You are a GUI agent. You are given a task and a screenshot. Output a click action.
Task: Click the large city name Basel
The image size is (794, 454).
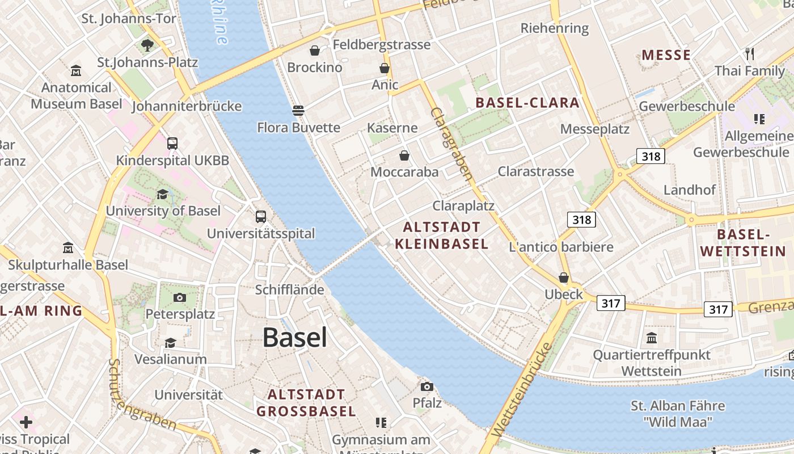294,338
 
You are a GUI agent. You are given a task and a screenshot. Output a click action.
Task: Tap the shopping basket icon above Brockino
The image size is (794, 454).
315,51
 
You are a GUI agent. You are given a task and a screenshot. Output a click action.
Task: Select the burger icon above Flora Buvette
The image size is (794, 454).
298,110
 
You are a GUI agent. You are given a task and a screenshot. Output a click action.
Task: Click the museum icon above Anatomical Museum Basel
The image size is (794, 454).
76,71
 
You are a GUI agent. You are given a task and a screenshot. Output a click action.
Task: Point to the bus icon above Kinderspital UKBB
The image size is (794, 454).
172,144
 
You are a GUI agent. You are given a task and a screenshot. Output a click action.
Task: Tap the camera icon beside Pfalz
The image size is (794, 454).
427,386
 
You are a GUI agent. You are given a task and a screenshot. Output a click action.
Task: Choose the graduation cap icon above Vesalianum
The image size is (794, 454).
170,343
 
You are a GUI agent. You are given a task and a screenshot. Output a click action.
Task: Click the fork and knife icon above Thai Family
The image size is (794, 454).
750,54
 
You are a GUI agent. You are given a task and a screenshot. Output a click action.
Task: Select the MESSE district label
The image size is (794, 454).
666,55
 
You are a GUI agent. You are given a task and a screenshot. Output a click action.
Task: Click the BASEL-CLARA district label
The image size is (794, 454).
527,103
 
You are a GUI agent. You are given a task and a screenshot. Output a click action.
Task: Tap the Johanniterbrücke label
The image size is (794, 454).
187,106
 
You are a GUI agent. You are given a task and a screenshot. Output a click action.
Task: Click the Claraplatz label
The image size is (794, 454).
463,205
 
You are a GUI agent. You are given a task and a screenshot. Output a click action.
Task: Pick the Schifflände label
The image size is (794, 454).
289,290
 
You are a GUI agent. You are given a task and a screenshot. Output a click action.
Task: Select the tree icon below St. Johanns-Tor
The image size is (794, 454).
147,45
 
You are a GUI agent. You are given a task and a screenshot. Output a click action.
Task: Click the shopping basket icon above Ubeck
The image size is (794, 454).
564,278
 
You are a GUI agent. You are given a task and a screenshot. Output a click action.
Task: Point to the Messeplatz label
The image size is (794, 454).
594,129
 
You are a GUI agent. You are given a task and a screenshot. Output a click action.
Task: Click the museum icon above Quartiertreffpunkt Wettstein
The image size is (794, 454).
652,338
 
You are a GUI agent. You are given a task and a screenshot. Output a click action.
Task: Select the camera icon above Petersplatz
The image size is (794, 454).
180,297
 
